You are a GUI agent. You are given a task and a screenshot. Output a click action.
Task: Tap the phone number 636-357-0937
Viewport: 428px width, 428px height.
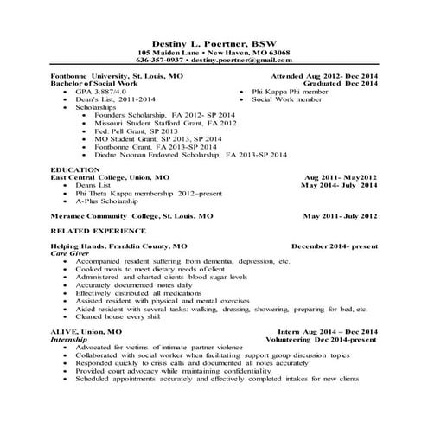click(x=160, y=61)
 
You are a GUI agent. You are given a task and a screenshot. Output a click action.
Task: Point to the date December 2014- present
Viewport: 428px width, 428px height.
click(x=335, y=246)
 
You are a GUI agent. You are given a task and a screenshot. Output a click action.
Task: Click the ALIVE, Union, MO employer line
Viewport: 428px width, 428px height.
click(x=86, y=332)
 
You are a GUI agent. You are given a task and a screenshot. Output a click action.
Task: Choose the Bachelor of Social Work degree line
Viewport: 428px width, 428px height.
click(x=93, y=83)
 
